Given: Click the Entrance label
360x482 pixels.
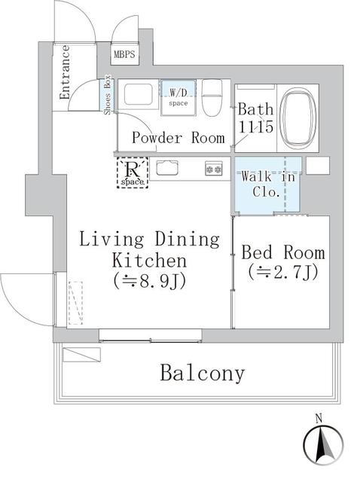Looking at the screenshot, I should coord(65,72).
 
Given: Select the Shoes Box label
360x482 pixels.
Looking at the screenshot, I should coord(108,96).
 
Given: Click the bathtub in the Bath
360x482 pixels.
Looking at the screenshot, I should coord(297,117).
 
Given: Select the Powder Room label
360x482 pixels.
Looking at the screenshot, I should coord(178,138).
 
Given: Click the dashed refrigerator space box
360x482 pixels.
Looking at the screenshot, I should coord(133,172).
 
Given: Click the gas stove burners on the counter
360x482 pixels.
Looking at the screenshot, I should coord(213,169).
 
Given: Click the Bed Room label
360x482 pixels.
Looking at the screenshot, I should coord(283,252).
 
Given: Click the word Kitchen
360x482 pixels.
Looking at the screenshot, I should coord(149,261).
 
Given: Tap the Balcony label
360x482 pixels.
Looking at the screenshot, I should coord(202,373).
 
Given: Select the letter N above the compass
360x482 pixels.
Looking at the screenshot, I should coord(319,418).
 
